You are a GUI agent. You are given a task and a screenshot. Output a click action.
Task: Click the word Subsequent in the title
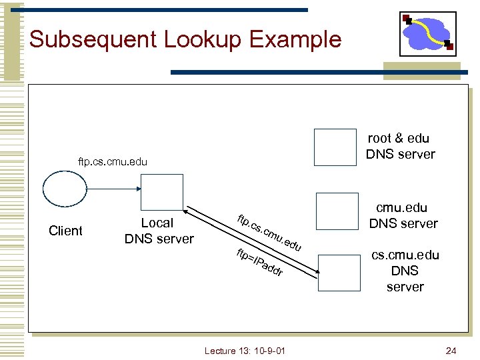86,39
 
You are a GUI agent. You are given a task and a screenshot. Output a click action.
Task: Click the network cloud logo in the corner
427,33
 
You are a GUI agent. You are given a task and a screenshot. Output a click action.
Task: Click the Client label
66,231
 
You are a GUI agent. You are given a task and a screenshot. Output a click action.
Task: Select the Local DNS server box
161,195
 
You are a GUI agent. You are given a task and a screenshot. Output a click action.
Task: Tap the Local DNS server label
159,231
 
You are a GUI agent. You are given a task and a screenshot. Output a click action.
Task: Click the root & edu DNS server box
335,147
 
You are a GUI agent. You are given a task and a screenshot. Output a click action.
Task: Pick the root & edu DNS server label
400,146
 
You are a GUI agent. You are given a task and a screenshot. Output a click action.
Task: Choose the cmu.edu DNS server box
337,211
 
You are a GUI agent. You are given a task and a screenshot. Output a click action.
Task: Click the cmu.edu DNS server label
403,215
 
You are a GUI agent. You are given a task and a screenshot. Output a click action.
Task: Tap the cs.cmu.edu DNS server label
405,271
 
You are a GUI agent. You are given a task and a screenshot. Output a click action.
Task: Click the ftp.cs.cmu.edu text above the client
112,161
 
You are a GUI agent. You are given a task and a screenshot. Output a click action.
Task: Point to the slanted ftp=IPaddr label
261,262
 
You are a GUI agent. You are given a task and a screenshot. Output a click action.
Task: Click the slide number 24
451,351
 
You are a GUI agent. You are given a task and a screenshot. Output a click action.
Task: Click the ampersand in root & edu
399,138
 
